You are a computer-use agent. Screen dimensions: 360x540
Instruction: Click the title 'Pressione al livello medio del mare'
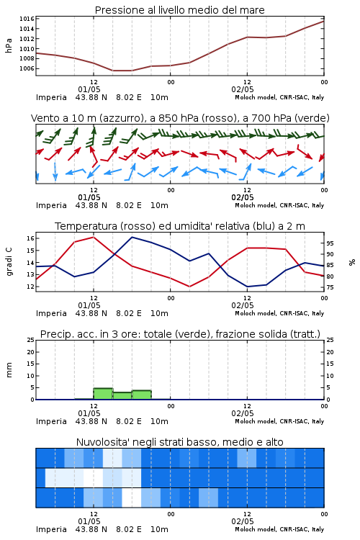179,10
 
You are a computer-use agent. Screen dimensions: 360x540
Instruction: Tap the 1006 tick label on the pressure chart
27,68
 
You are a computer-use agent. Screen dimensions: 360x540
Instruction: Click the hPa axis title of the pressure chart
9,45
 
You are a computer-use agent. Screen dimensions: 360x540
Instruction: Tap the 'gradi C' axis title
9,261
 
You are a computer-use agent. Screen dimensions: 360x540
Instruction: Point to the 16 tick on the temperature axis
30,238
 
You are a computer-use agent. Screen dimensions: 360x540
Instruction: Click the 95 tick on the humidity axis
330,243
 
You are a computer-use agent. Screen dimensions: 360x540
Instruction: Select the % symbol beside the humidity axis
352,262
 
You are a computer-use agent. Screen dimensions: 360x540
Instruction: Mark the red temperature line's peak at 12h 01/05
94,237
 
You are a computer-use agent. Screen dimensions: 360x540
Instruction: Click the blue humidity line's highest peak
132,237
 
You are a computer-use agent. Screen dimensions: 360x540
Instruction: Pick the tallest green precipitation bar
103,394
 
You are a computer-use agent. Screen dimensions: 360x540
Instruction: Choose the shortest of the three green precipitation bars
122,396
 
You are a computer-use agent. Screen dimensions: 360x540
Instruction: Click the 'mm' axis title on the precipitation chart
9,370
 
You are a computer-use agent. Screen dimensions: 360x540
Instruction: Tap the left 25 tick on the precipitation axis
30,340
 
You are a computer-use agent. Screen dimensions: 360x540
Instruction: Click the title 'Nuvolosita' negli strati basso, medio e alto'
179,442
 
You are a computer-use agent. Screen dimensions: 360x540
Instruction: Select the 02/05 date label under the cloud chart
243,521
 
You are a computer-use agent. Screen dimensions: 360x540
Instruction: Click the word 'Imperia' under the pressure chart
51,97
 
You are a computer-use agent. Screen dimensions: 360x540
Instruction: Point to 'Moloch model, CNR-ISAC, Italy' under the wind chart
279,206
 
